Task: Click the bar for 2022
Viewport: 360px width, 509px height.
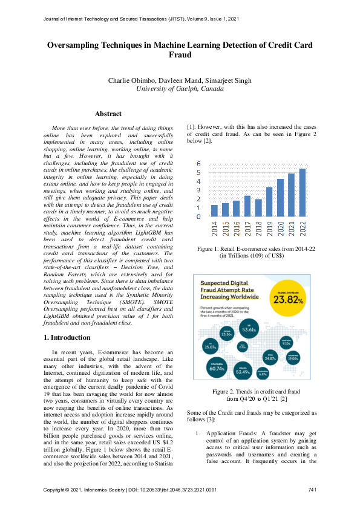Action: (x=302, y=192)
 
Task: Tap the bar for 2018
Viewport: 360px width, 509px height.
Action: (x=258, y=207)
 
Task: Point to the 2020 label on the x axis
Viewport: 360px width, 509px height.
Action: (x=280, y=229)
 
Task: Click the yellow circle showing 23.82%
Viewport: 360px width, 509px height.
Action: (x=287, y=298)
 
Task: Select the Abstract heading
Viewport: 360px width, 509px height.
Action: (x=108, y=114)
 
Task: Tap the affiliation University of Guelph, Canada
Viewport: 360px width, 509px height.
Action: (x=180, y=88)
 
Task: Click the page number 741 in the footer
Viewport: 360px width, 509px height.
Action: (x=312, y=488)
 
